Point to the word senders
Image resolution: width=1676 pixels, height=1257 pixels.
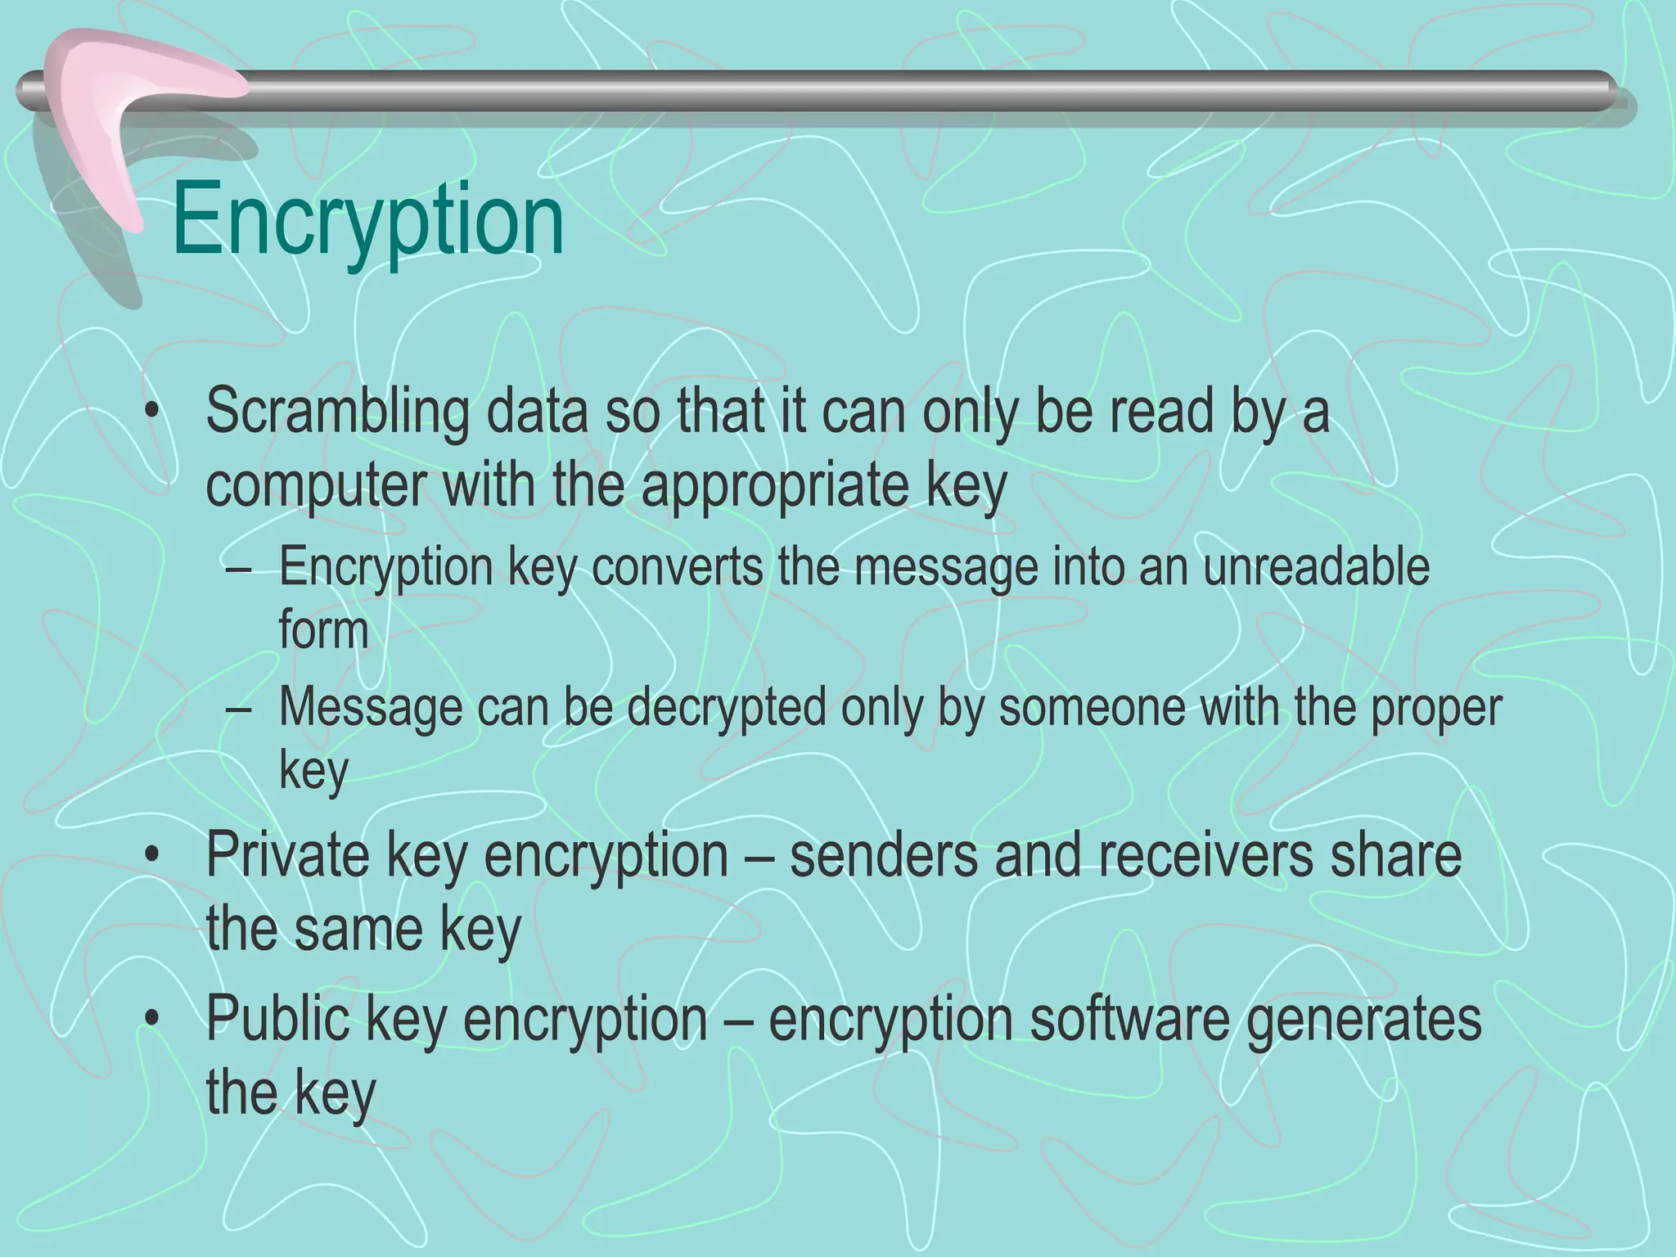tap(884, 855)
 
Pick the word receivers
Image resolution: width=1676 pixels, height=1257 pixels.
tap(1202, 855)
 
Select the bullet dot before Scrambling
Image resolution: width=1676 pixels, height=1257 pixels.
tap(151, 414)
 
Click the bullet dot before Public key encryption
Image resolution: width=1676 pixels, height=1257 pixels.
tap(151, 1020)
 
